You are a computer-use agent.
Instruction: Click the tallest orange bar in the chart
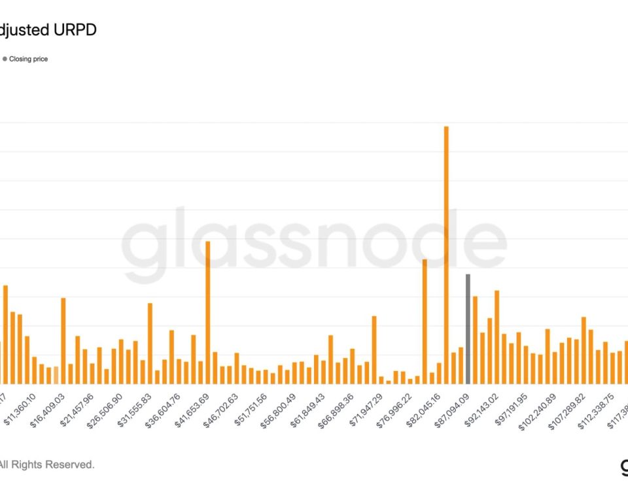point(446,255)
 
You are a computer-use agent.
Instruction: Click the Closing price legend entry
point(28,59)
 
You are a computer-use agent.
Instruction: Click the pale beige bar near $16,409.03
point(56,375)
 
